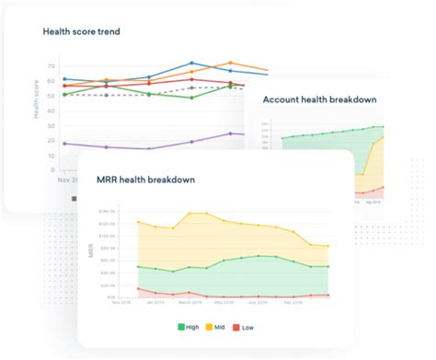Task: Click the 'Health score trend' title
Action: click(81, 31)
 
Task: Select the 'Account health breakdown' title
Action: click(320, 99)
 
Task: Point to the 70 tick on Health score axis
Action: click(52, 67)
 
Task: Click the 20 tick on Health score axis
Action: click(52, 144)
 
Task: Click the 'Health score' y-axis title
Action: click(38, 99)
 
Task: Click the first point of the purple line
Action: click(63, 144)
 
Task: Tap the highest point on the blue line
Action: click(191, 64)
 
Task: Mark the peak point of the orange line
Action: click(230, 64)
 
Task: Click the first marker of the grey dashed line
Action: click(107, 95)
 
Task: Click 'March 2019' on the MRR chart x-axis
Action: click(189, 302)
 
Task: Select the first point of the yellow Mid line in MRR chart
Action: click(137, 222)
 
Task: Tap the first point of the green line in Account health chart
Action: click(283, 138)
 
